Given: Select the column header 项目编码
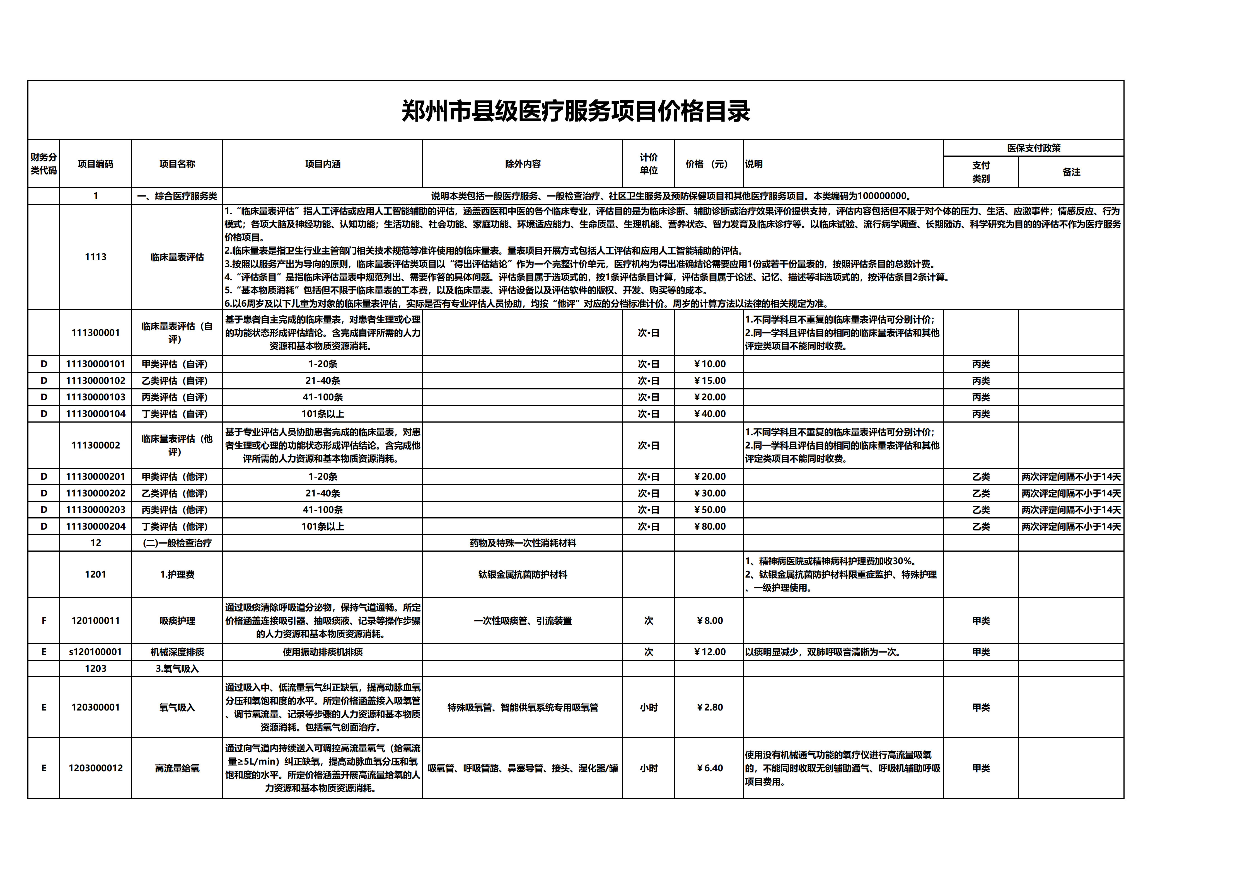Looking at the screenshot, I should [95, 164].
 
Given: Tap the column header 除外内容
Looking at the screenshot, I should [522, 164].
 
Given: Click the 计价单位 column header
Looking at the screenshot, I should [648, 164].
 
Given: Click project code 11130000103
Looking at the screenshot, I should [95, 397].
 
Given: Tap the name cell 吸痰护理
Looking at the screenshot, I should [177, 621].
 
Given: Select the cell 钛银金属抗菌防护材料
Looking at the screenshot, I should [522, 574].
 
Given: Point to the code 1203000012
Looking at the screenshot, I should [95, 768].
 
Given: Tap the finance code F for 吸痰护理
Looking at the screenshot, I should [43, 621].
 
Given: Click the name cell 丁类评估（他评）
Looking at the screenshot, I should [175, 527].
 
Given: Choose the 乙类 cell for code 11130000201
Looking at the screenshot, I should [980, 477].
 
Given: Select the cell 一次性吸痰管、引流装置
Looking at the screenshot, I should [522, 621].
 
